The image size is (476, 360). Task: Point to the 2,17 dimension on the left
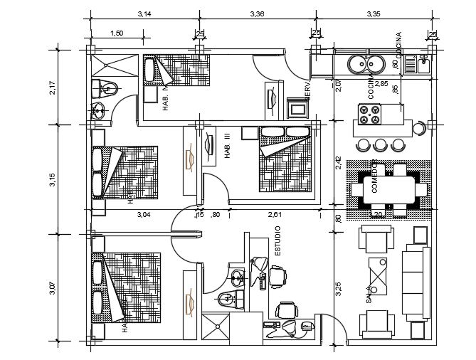(x=51, y=88)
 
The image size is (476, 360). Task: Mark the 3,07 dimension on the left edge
(x=51, y=288)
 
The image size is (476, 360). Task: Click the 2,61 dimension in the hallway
(x=276, y=214)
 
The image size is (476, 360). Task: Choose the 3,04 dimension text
(x=143, y=214)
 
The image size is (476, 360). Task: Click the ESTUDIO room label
(x=277, y=241)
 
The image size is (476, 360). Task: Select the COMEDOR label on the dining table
(x=374, y=178)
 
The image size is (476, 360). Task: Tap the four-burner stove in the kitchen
(x=370, y=115)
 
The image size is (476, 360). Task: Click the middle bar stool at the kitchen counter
(x=381, y=145)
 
